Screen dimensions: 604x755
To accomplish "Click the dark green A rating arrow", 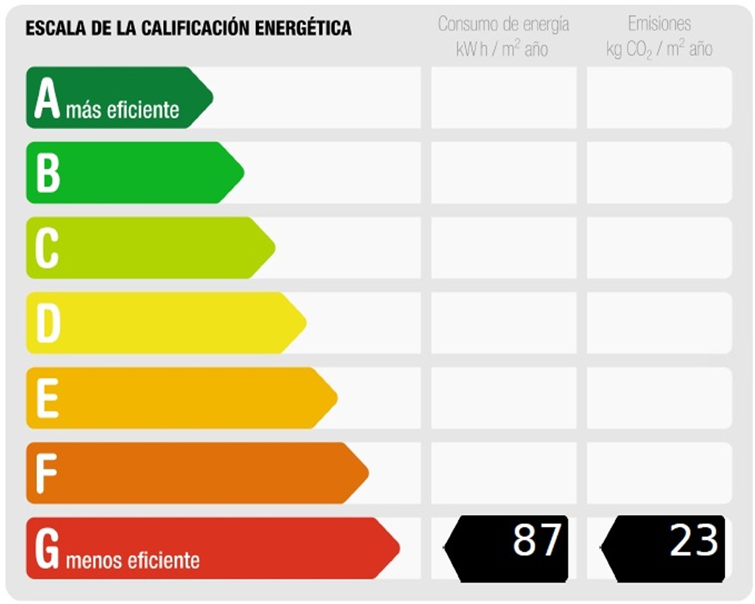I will pyautogui.click(x=117, y=97).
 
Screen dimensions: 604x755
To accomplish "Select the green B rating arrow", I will pyautogui.click(x=132, y=173).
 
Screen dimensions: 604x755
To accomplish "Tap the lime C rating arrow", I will pyautogui.click(x=147, y=248).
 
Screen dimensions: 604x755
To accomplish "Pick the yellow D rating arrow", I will pyautogui.click(x=162, y=323).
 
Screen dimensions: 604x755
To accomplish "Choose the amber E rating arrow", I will pyautogui.click(x=177, y=398).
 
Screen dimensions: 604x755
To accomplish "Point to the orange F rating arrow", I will pyautogui.click(x=193, y=473).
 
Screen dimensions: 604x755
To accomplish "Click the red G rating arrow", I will pyautogui.click(x=208, y=548).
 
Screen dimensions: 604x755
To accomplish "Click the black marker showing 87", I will pyautogui.click(x=507, y=548).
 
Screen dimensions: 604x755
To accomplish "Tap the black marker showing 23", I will pyautogui.click(x=664, y=548).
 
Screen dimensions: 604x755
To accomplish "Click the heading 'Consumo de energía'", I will pyautogui.click(x=503, y=24).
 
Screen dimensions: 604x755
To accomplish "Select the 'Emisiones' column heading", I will pyautogui.click(x=659, y=24).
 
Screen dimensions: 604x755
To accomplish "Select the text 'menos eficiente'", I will pyautogui.click(x=133, y=561).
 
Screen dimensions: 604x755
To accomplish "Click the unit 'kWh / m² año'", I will pyautogui.click(x=503, y=50).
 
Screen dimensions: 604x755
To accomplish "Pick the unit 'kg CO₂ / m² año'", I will pyautogui.click(x=659, y=50).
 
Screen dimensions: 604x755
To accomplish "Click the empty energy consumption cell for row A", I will pyautogui.click(x=503, y=97).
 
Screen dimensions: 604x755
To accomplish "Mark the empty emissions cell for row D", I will pyautogui.click(x=659, y=323).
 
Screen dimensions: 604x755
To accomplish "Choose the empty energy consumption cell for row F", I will pyautogui.click(x=503, y=473).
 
